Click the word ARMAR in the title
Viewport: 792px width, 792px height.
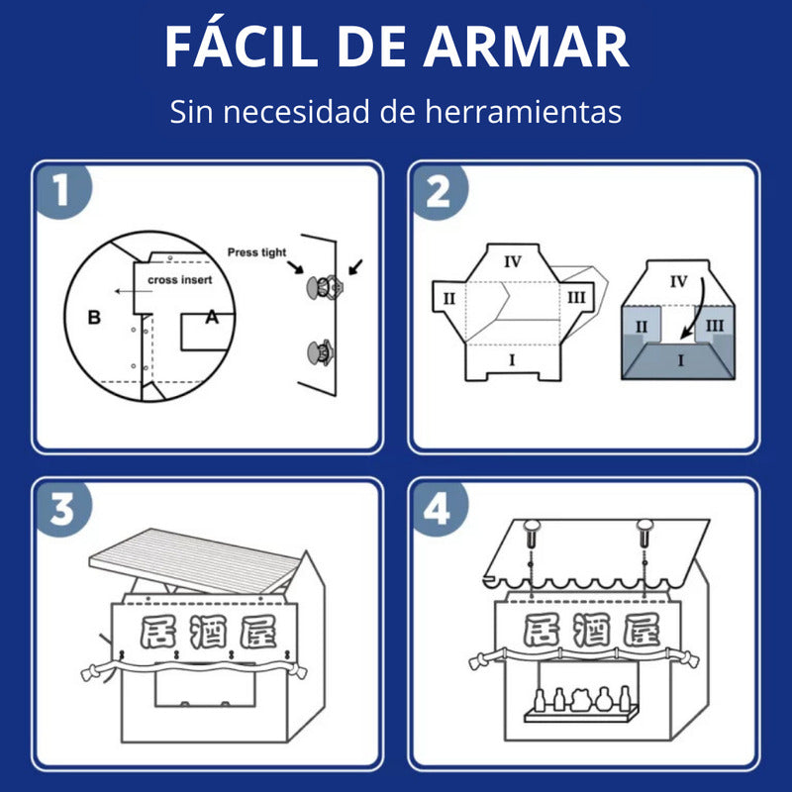(x=526, y=47)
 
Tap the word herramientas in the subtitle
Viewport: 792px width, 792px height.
(x=524, y=111)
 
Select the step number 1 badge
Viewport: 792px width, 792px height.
(x=62, y=190)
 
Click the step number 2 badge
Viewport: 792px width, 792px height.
(x=439, y=191)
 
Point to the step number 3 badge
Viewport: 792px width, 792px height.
(x=62, y=509)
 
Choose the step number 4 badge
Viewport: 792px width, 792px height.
(x=438, y=509)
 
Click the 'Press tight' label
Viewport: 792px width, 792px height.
(x=256, y=252)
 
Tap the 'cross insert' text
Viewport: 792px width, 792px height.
(x=180, y=280)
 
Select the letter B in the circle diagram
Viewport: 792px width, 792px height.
(x=94, y=317)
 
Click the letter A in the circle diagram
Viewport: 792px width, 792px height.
(x=212, y=317)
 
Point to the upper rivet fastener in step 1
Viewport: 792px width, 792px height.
(x=325, y=287)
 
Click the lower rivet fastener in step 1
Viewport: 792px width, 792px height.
(x=320, y=352)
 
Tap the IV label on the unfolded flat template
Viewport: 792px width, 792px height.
(x=513, y=261)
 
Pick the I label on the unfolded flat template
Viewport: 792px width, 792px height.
(x=512, y=360)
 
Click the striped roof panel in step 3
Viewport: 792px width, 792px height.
(x=194, y=560)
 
